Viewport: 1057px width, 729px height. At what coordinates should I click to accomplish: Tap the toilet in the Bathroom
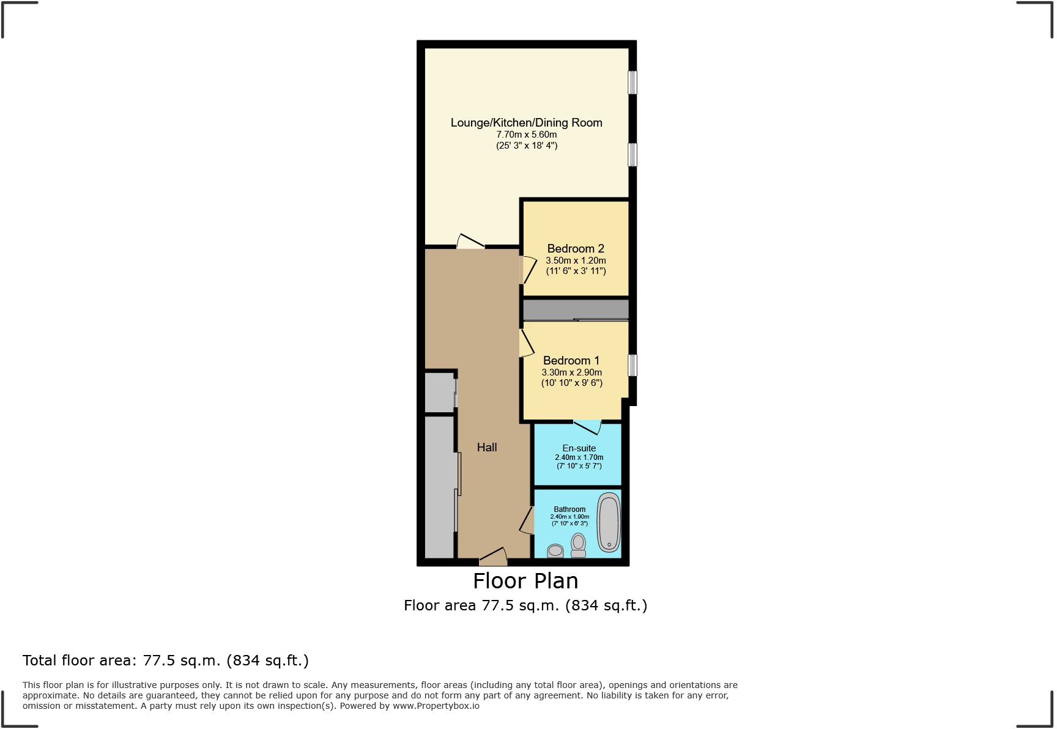[x=578, y=545]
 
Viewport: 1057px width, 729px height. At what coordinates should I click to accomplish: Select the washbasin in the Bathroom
[x=555, y=550]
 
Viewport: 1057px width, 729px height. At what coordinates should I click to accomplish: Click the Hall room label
[x=487, y=448]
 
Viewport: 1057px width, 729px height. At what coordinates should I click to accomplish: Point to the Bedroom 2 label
[x=576, y=248]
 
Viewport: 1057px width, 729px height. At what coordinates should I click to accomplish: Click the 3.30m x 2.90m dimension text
[x=572, y=372]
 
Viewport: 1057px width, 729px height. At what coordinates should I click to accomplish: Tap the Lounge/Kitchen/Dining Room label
[x=526, y=122]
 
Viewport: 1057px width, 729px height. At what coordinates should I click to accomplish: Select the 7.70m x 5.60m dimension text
[x=526, y=135]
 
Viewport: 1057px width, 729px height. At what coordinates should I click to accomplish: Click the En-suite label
[x=579, y=448]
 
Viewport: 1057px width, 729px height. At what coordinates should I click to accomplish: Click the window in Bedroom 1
[x=632, y=365]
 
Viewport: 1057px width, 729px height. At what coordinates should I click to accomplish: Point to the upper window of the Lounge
[x=632, y=83]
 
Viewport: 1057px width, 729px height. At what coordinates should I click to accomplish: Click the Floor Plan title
[x=525, y=580]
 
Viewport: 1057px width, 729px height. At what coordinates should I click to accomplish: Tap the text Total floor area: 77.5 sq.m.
[x=165, y=661]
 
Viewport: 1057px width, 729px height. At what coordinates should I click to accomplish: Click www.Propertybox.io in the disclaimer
[x=436, y=706]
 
